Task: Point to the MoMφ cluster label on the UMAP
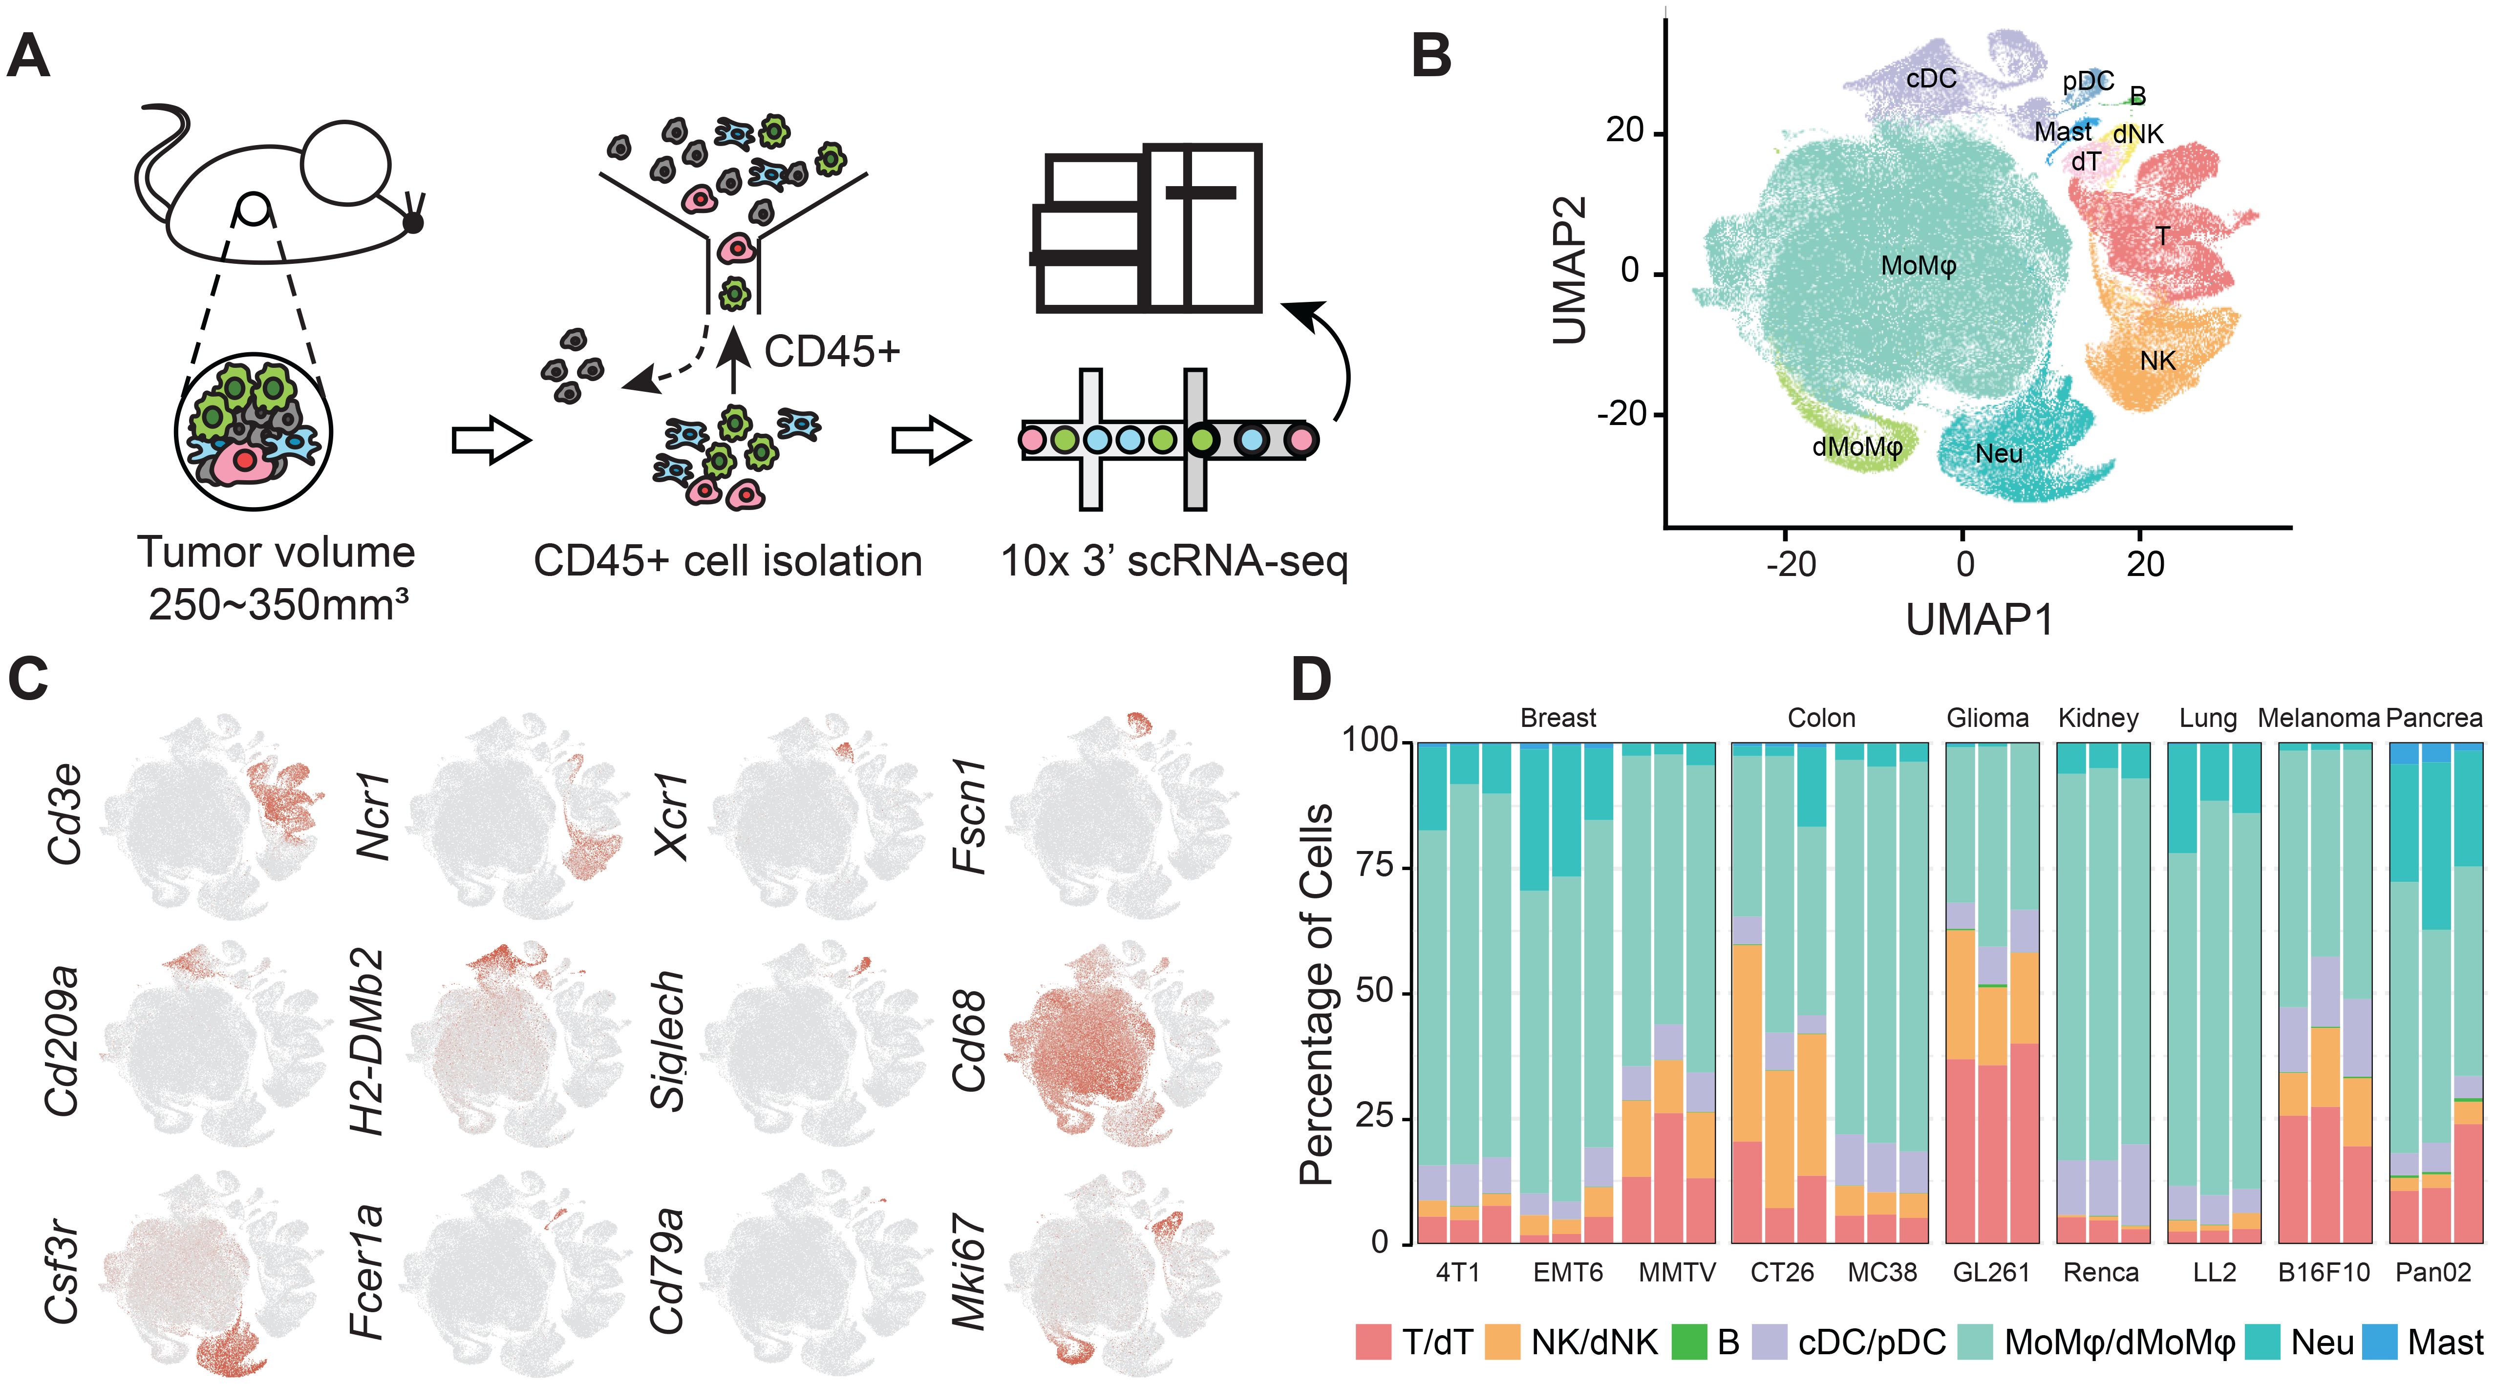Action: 1918,265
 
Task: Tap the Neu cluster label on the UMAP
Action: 1998,453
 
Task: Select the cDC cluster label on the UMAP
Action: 1930,80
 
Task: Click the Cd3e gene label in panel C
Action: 64,813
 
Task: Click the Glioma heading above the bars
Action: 1987,718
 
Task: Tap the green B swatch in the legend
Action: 1689,1342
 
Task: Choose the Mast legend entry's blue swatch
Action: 2379,1342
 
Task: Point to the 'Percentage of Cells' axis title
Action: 1315,993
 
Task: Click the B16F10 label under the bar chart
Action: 2324,1272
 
